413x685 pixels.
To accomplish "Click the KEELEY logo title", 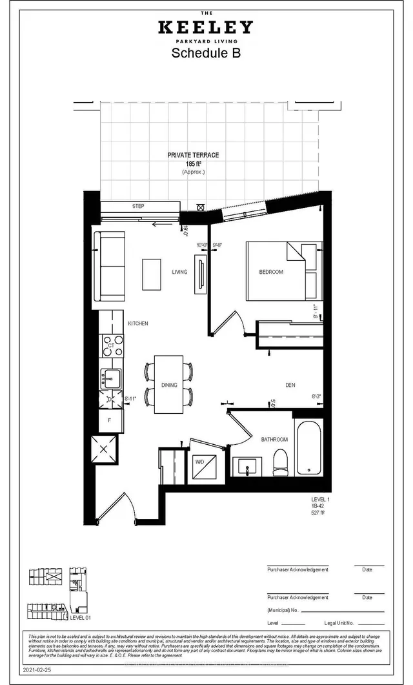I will tap(206, 27).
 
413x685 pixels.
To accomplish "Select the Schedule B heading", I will tap(206, 54).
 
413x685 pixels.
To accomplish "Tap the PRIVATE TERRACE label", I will tap(193, 156).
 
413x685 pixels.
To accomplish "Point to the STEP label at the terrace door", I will tap(138, 207).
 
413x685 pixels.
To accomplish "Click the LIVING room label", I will tap(179, 272).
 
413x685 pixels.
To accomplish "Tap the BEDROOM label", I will tap(271, 272).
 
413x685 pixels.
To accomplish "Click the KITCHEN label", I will tap(137, 323).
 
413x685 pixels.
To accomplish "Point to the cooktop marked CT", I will tap(110, 346).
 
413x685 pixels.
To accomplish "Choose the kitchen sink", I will tap(110, 378).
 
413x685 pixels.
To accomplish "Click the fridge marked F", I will tap(110, 420).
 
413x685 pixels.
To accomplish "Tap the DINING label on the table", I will tap(169, 385).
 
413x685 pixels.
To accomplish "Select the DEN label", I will tap(290, 385).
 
